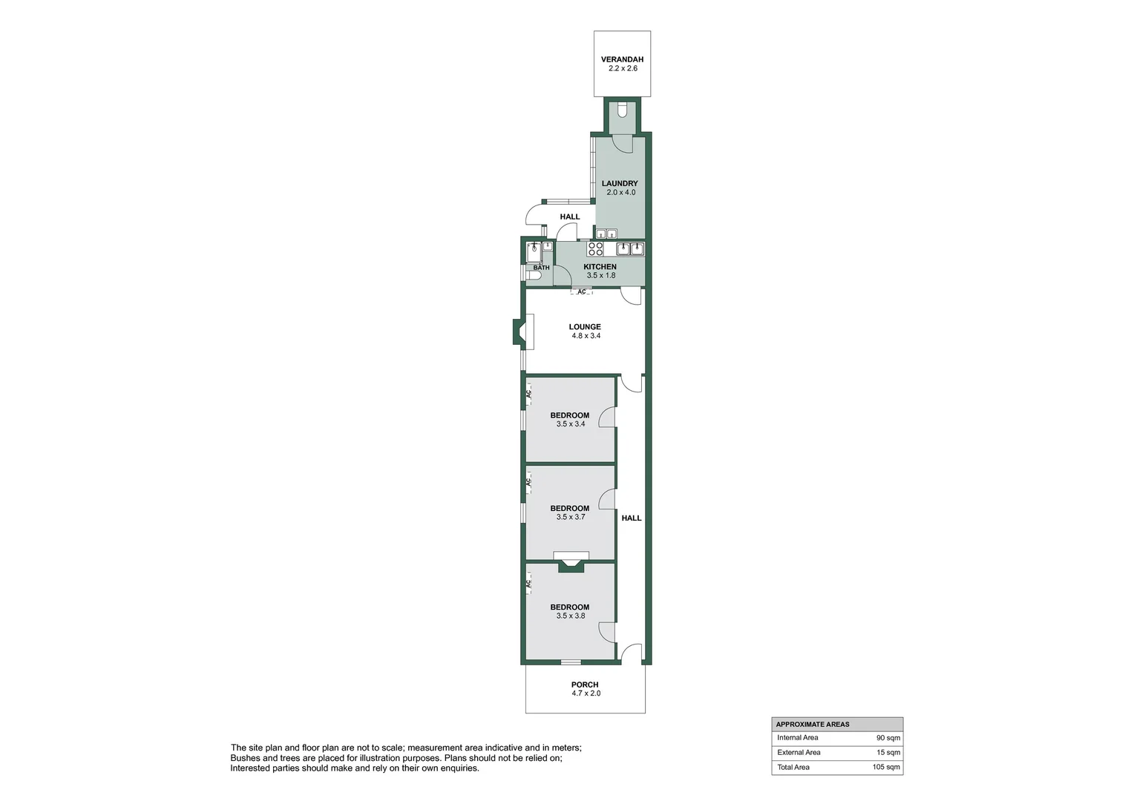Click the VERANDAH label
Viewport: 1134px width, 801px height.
(x=622, y=59)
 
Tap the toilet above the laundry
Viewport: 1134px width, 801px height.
(x=622, y=111)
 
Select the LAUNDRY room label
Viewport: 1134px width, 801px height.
(x=620, y=183)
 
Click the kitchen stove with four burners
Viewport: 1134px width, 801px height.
(x=595, y=248)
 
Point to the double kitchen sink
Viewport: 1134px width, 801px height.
(x=629, y=248)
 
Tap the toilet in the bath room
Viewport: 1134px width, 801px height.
(x=533, y=275)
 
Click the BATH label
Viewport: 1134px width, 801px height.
(x=541, y=268)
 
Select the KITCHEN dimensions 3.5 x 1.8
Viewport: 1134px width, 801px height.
(x=600, y=275)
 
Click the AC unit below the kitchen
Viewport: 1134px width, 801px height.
(x=582, y=292)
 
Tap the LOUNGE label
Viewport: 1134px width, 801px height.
(x=585, y=326)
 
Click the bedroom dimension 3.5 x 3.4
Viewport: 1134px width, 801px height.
(x=571, y=424)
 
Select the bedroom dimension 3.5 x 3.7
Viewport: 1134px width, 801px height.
(x=571, y=517)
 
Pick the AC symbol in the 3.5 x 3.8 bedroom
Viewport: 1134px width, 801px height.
(x=528, y=584)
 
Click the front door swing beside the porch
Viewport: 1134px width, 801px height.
(x=631, y=653)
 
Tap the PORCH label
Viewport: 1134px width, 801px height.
(x=585, y=685)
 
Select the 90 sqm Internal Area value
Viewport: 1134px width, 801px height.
(x=888, y=738)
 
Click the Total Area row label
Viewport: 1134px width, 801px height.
(x=793, y=768)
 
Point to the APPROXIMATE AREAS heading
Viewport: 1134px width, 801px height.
(x=813, y=725)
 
